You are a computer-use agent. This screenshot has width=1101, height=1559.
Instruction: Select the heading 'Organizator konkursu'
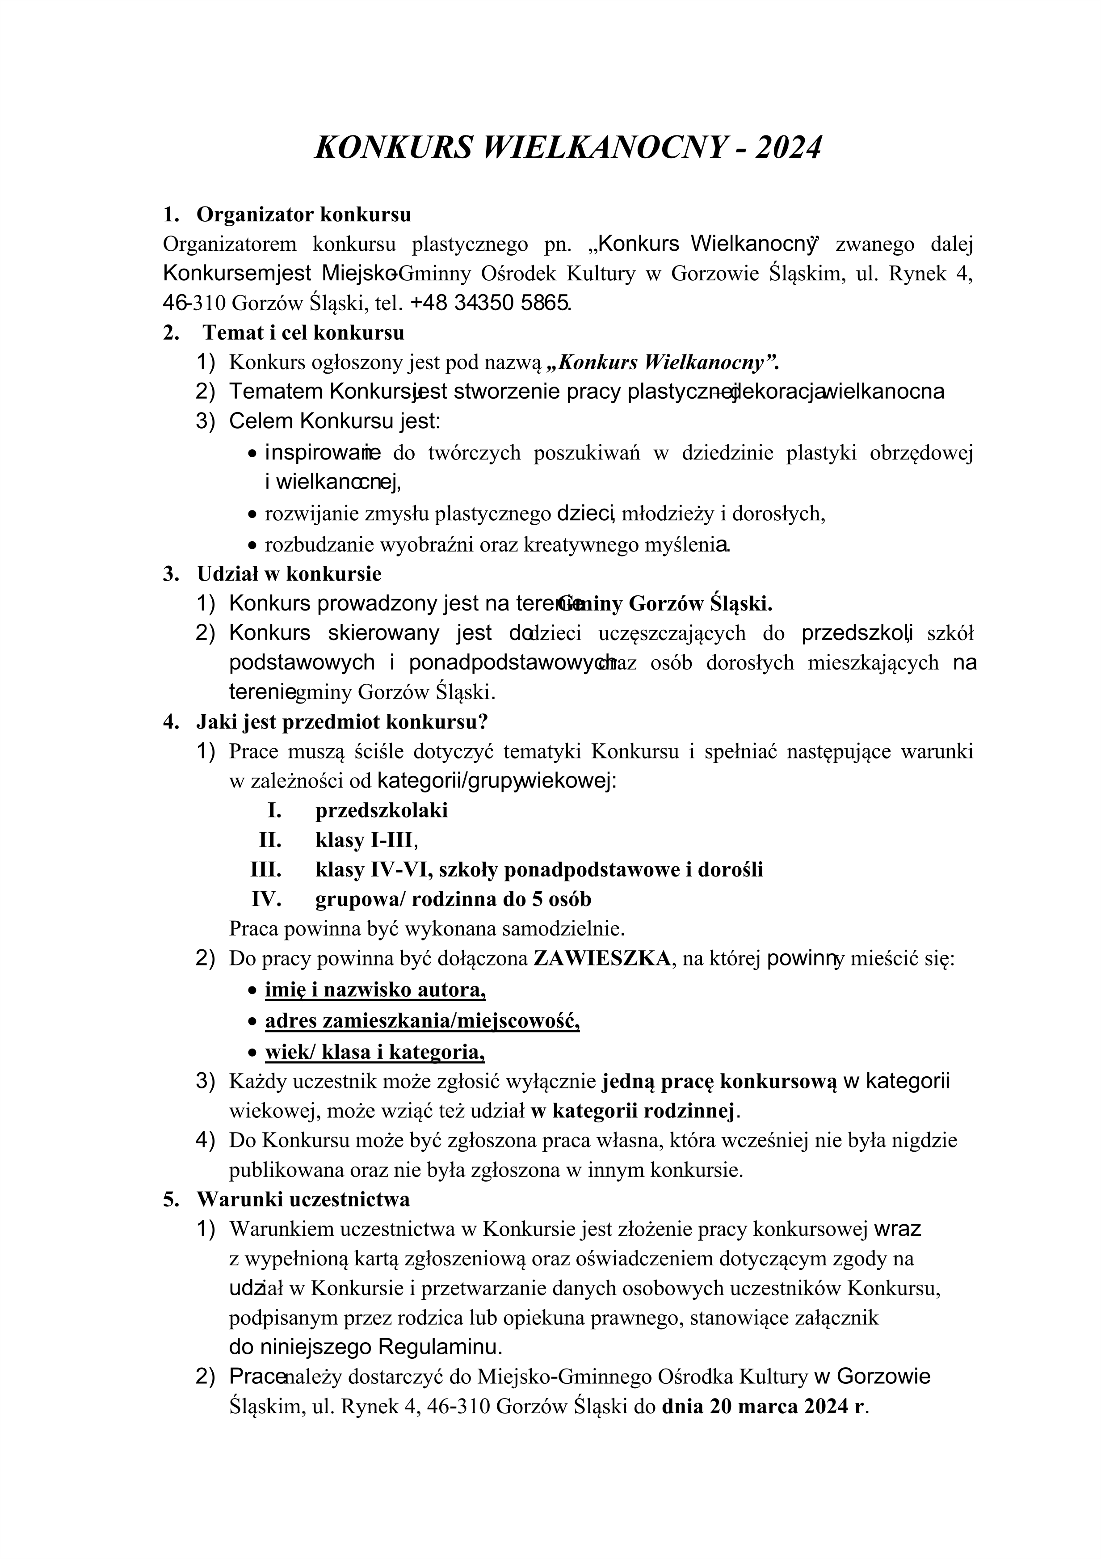[x=303, y=215]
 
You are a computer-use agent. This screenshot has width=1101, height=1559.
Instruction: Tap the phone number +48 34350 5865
[x=491, y=303]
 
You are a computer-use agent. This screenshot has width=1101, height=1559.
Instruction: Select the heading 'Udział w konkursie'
[x=289, y=574]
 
